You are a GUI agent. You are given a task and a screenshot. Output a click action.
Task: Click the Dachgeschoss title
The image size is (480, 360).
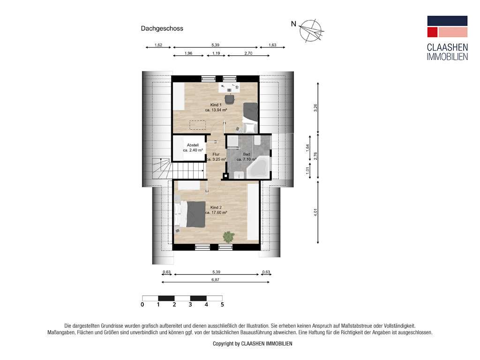162,29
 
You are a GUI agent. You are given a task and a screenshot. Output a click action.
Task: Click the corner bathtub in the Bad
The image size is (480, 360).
258,168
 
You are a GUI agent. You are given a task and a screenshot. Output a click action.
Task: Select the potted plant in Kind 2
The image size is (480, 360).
229,237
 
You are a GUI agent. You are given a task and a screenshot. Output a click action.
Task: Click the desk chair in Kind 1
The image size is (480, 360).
229,98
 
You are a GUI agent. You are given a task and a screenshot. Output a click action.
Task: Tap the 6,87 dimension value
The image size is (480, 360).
215,279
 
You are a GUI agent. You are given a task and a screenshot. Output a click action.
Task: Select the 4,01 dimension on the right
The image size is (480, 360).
316,212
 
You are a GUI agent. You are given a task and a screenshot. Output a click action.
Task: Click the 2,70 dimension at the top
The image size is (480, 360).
248,53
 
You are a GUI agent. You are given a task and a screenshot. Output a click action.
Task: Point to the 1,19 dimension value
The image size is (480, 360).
216,53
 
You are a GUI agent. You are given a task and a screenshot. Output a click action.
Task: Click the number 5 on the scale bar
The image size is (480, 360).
223,305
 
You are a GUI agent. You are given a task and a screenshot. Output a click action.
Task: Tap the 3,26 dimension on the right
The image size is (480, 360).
316,107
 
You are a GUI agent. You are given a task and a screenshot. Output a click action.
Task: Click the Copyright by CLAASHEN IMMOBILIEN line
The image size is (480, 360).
252,344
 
